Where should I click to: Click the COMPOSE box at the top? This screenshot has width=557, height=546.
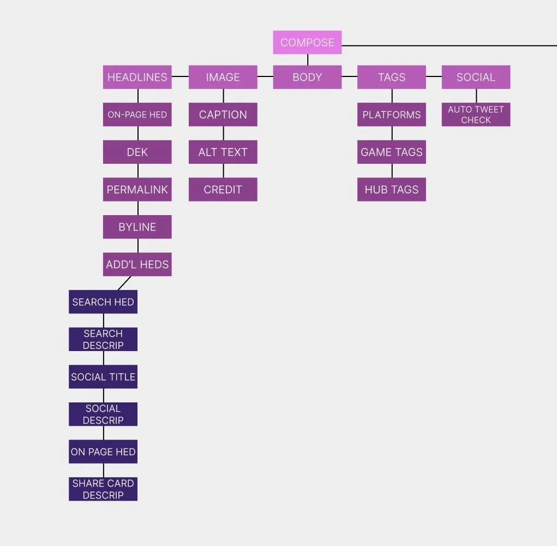point(307,43)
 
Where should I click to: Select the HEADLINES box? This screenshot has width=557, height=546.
point(137,77)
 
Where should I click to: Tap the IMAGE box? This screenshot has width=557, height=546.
point(223,77)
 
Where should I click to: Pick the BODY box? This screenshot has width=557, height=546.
point(307,77)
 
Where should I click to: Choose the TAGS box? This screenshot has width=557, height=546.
point(392,77)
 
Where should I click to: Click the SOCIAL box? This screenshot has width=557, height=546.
point(476,77)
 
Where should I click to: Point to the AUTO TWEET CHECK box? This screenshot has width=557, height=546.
point(476,115)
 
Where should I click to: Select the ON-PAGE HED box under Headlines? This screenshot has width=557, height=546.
point(137,115)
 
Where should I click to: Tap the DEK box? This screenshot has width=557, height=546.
point(137,152)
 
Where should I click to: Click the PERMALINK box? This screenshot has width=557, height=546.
point(137,189)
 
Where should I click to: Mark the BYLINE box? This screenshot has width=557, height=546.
point(137,227)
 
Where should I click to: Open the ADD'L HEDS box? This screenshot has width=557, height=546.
point(137,264)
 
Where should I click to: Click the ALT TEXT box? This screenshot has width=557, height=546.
point(223,152)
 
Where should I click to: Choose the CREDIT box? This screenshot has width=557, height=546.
point(223,189)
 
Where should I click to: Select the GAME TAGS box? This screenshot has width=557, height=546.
point(392,152)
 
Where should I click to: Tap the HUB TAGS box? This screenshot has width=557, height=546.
point(392,189)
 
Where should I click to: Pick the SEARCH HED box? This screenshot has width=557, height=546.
point(103,302)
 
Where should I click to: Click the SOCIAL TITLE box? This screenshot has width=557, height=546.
point(103,377)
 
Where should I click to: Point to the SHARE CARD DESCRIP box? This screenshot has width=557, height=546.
point(103,489)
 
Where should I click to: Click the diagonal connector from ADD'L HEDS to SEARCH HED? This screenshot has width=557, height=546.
point(124,283)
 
